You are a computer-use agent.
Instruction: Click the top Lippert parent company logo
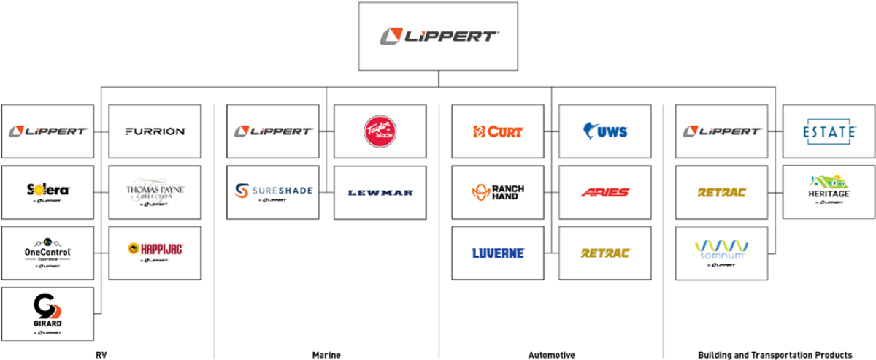point(438,36)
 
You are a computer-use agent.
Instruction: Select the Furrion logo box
point(155,131)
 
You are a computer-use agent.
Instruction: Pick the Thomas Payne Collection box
point(155,193)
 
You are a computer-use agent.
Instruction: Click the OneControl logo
point(47,252)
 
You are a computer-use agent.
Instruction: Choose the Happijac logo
point(155,251)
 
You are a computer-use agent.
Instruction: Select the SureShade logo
point(273,192)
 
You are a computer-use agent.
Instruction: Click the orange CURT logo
point(498,131)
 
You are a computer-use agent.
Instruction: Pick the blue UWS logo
point(605,131)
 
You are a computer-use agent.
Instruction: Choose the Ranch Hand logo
point(498,192)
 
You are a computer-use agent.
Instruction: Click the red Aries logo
point(605,193)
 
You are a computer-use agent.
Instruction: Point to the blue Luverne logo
point(498,253)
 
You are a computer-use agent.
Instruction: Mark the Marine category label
point(326,355)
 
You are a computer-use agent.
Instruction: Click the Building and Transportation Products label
point(774,355)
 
